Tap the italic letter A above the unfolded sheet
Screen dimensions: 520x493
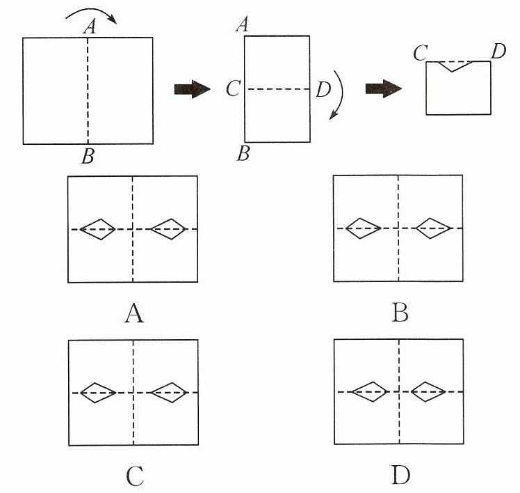click(90, 27)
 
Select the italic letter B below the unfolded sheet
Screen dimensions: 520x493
click(88, 156)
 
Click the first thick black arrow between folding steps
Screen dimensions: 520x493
click(193, 89)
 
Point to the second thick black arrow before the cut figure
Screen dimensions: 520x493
click(384, 88)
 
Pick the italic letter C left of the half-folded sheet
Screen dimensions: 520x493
click(233, 89)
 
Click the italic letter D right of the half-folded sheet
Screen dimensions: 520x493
click(324, 89)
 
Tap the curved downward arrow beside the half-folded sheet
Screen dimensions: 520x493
click(339, 95)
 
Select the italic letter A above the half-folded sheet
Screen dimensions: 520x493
click(243, 25)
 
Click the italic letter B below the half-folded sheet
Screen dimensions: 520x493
click(243, 153)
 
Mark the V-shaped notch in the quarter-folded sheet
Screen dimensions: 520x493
click(453, 66)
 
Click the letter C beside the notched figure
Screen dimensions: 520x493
click(421, 53)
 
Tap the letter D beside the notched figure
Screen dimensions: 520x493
click(498, 52)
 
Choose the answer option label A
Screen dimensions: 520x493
click(134, 313)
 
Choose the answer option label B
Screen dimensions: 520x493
click(400, 313)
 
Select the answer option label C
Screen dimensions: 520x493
click(135, 476)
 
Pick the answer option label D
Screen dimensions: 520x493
click(400, 475)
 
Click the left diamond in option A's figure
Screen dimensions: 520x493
click(97, 229)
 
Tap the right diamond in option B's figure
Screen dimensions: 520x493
click(433, 228)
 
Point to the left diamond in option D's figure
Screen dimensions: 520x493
click(369, 391)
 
